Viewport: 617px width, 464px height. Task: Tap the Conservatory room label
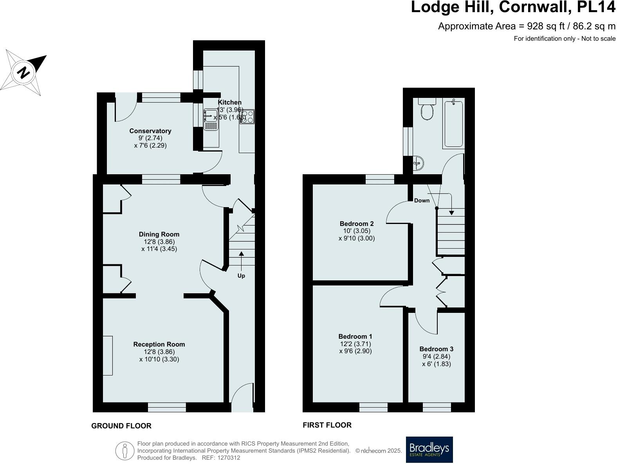(x=150, y=131)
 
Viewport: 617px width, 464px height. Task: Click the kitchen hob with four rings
(x=247, y=117)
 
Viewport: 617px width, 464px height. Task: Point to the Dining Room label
(x=159, y=234)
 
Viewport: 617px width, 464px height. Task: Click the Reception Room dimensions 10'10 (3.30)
(x=159, y=359)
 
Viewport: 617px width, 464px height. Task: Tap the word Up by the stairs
(x=241, y=276)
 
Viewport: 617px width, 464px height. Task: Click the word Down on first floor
(x=422, y=200)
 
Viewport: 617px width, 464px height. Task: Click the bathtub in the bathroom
(x=453, y=124)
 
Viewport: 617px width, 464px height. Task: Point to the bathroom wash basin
(x=419, y=162)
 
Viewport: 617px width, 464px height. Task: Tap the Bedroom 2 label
(x=356, y=224)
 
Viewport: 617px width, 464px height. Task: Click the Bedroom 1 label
(x=355, y=336)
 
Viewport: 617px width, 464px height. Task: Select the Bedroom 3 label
(x=436, y=349)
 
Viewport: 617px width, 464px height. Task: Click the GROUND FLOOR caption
(x=121, y=426)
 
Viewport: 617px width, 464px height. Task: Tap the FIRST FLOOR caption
(x=327, y=425)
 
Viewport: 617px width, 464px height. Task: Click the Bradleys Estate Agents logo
(x=429, y=450)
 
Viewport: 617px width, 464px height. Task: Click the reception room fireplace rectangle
(x=108, y=355)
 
